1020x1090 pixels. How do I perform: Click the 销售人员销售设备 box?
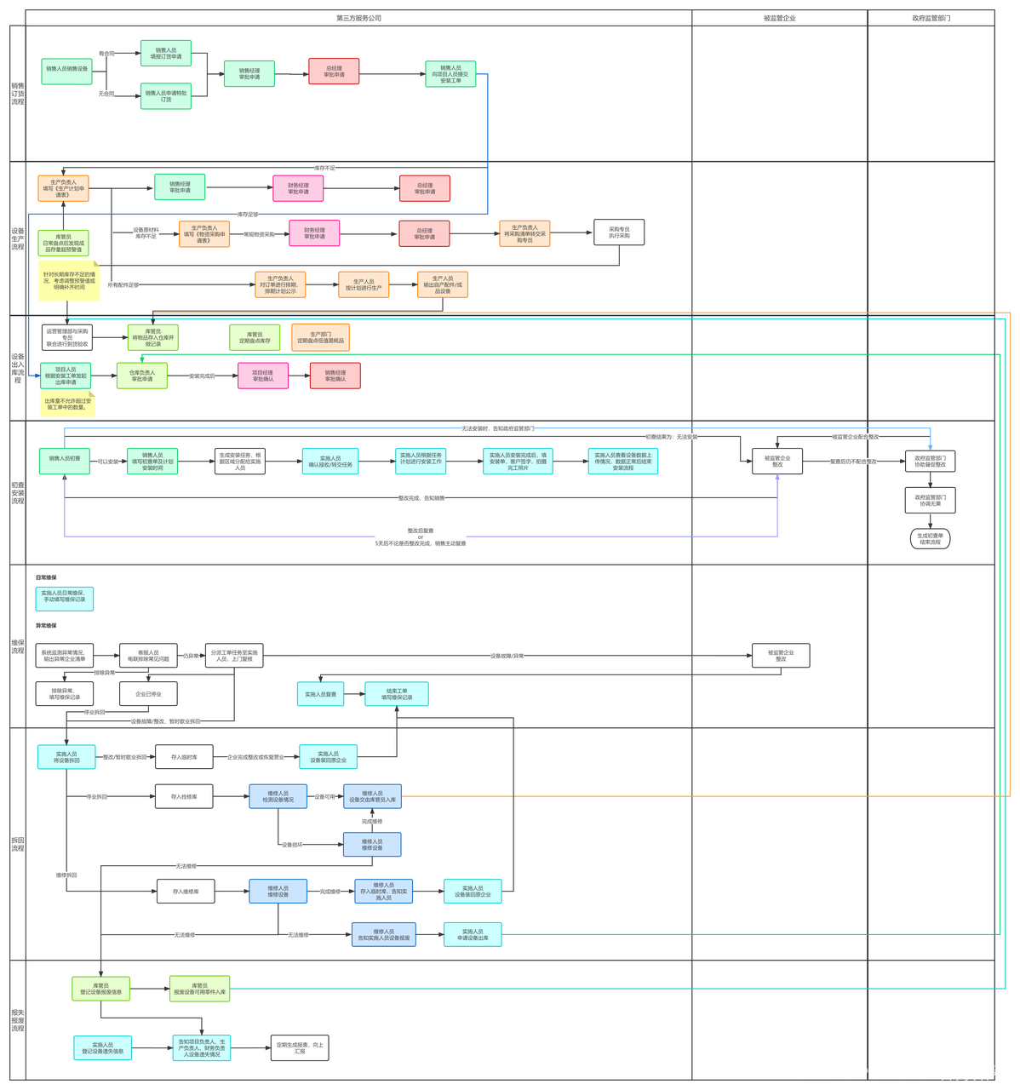[66, 69]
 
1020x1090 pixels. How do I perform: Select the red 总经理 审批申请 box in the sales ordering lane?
[334, 72]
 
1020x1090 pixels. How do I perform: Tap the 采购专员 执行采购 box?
[619, 232]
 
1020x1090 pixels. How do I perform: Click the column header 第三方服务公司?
[358, 18]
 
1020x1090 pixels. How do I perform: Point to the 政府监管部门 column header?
[931, 18]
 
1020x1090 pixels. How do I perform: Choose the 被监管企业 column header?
[779, 18]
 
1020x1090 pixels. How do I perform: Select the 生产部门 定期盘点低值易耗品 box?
[320, 337]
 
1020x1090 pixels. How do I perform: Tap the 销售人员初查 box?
[65, 459]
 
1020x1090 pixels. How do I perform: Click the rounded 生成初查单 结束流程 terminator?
[929, 539]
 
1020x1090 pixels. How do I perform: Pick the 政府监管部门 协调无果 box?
[929, 500]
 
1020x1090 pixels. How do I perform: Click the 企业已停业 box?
[148, 694]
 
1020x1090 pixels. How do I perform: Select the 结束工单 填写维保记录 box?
[396, 694]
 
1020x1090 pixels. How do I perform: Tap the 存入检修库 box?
[183, 797]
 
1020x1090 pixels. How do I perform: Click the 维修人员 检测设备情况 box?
[278, 796]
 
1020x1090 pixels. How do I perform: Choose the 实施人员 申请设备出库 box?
[472, 934]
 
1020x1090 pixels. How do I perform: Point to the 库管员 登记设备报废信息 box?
[100, 989]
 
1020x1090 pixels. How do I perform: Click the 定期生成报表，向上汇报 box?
[300, 1048]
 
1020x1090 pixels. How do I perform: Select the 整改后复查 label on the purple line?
[420, 531]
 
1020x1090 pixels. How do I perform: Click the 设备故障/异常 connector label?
[507, 656]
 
